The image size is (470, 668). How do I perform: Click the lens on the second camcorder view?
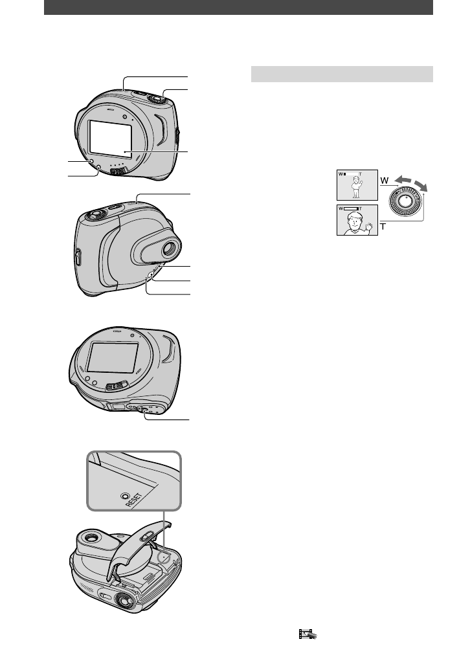(x=166, y=249)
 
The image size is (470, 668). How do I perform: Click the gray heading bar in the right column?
(x=341, y=74)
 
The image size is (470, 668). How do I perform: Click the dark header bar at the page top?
(x=238, y=7)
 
